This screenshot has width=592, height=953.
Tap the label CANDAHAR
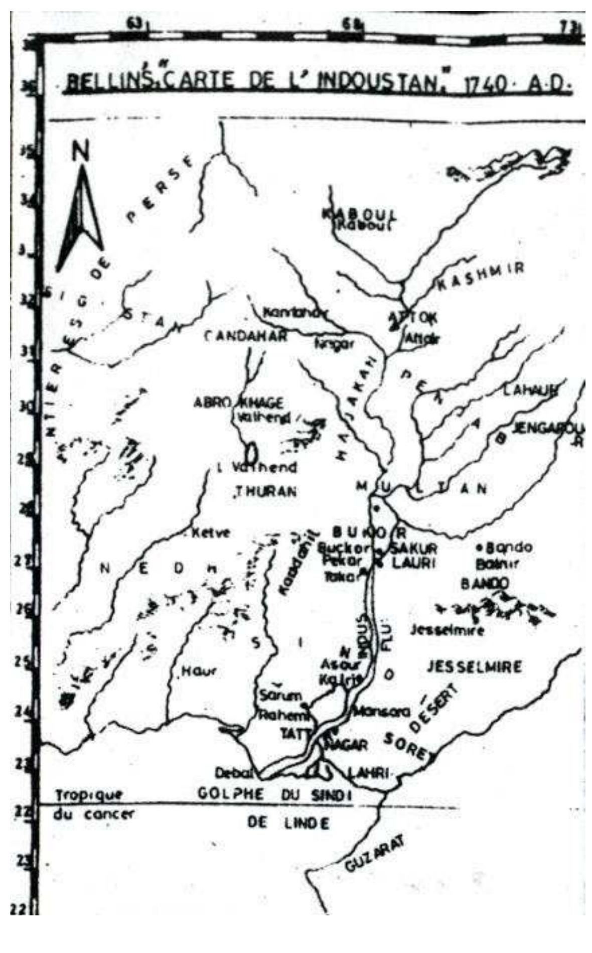pyautogui.click(x=246, y=336)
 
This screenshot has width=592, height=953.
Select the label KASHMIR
pyautogui.click(x=481, y=276)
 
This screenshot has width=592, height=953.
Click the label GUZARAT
pyautogui.click(x=374, y=856)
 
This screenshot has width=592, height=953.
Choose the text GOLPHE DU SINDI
pyautogui.click(x=275, y=794)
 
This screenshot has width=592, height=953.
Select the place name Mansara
pyautogui.click(x=382, y=711)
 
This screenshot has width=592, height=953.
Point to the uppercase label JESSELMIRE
pyautogui.click(x=474, y=667)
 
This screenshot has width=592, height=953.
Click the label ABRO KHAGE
pyautogui.click(x=238, y=403)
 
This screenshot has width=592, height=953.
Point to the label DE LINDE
pyautogui.click(x=288, y=823)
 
